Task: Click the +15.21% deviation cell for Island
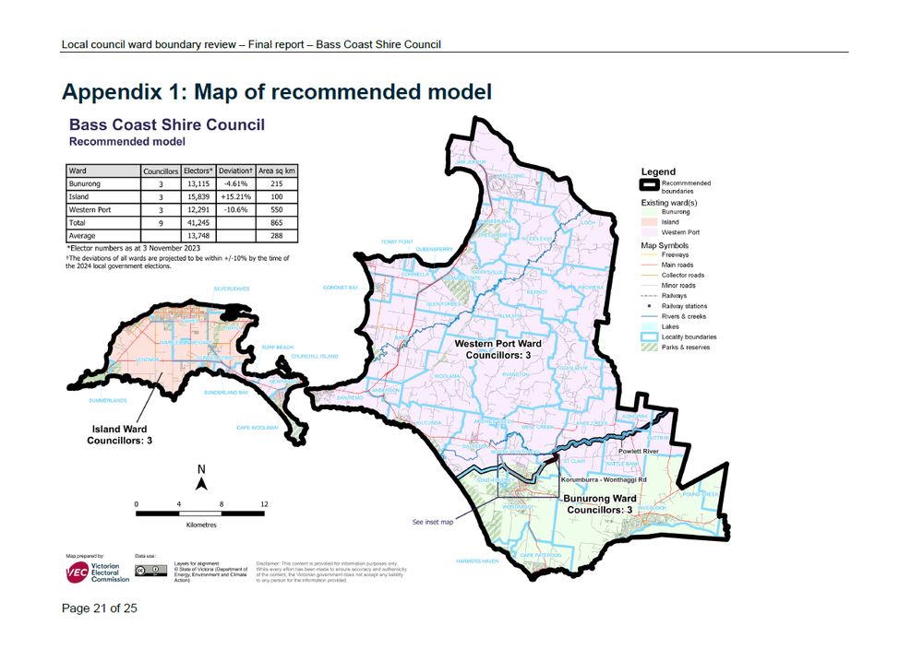236,196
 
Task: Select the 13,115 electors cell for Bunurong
198,183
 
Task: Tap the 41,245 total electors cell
198,222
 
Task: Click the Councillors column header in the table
160,171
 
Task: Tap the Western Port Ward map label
497,348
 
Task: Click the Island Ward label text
119,435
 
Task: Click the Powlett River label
642,452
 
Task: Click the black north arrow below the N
201,483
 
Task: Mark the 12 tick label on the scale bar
264,504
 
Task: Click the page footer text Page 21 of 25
100,608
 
